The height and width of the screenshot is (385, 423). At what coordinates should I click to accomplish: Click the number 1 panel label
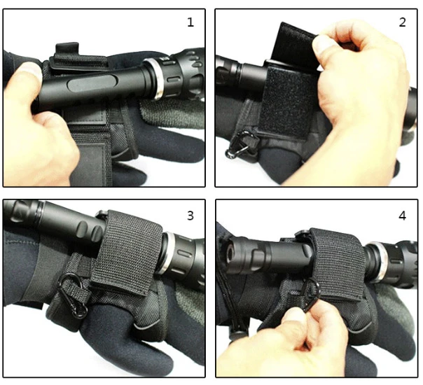190,22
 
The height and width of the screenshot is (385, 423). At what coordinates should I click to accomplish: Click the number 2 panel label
402,22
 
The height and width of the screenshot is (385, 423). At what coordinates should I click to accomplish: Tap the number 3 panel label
190,216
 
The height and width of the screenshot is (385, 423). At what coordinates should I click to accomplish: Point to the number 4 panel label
402,216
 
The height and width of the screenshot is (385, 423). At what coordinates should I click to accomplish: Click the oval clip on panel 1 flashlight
90,83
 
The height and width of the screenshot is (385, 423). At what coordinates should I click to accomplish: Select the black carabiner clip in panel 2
240,144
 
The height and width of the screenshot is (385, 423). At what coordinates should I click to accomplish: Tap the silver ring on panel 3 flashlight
165,253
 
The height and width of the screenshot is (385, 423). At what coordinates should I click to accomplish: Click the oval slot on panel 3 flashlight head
186,254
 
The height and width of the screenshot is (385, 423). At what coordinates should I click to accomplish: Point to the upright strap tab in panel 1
67,49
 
